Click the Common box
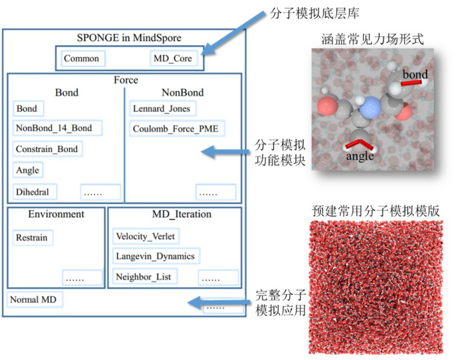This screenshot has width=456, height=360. pos(82,58)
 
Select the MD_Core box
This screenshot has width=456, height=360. pos(173,58)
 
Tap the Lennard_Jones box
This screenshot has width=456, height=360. pos(161,109)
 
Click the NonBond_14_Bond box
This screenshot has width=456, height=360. pos(54,128)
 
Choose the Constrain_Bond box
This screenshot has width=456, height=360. pos(47,149)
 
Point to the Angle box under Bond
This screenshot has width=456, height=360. pos(28,170)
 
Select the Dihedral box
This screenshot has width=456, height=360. pos(33,192)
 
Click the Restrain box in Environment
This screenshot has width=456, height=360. pos(32,238)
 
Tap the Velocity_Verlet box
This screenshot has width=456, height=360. pos(146,236)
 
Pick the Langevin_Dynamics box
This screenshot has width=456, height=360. pos(155,256)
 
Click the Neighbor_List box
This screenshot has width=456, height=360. pos(143,277)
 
